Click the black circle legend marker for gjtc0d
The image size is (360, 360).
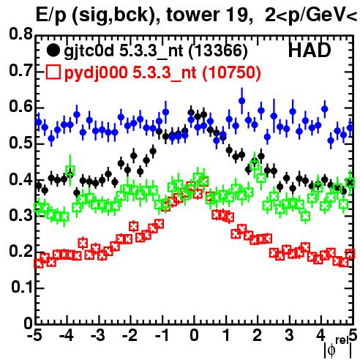[53, 50]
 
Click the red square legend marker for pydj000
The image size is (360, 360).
[53, 72]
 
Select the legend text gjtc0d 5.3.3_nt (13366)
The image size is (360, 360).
[156, 51]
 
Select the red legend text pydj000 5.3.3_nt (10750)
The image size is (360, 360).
[162, 72]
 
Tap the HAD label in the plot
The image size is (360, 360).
[310, 50]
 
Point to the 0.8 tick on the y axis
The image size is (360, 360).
[20, 34]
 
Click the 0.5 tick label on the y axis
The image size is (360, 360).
[20, 143]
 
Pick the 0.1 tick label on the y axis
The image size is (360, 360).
[21, 287]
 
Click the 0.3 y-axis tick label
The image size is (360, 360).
[20, 215]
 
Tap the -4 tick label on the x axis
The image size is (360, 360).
[66, 335]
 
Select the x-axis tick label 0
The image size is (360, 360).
[194, 335]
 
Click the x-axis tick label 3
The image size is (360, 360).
[289, 335]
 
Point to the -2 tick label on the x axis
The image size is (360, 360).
[130, 335]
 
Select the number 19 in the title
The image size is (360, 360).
[236, 15]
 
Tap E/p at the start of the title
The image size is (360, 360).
[51, 16]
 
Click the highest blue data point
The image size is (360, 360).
[241, 101]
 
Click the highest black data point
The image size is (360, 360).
[191, 113]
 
